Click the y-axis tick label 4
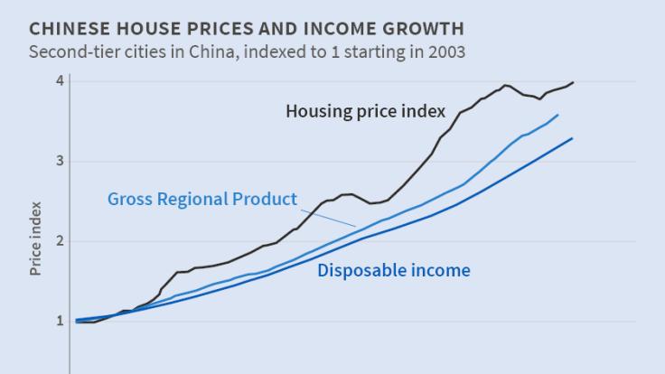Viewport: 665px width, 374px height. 59,80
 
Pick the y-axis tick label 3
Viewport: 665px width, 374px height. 59,161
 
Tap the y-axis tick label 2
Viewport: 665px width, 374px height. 59,240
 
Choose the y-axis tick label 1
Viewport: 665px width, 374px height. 59,321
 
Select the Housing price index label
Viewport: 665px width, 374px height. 365,112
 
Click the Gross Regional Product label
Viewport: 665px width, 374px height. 201,199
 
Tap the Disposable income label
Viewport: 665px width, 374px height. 394,270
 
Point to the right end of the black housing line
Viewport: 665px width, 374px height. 573,82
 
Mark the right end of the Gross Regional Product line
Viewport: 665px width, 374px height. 557,115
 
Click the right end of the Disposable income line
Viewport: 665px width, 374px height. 573,138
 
